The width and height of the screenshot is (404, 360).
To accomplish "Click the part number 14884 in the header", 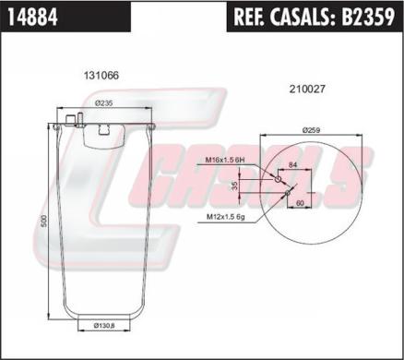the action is click(x=33, y=17).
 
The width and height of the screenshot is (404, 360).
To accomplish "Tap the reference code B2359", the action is click(x=368, y=17).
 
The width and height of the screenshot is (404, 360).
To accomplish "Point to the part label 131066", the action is click(x=101, y=76).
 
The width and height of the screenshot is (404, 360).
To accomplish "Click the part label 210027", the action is click(x=307, y=90).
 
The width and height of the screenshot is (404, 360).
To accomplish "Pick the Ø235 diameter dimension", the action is click(x=104, y=103).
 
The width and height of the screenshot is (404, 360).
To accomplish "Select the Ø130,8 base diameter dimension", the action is click(x=104, y=325).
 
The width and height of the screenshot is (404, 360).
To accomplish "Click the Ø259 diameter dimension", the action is click(x=311, y=130).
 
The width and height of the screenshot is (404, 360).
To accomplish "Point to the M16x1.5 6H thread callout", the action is click(x=226, y=160).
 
